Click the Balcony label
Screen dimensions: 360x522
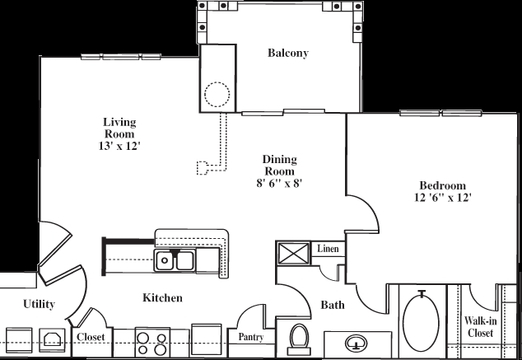(x=287, y=54)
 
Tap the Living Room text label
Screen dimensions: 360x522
(x=119, y=129)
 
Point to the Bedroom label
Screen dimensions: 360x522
(x=443, y=185)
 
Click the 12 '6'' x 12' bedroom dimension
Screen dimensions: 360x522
(x=443, y=198)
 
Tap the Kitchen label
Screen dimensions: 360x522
(x=161, y=297)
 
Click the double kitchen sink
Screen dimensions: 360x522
(x=175, y=262)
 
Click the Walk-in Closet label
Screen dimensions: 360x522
(x=479, y=326)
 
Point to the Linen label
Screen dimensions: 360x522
(x=328, y=249)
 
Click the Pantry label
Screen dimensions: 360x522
(x=250, y=337)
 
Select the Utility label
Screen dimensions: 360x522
(x=39, y=305)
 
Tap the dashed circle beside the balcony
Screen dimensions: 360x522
(x=217, y=95)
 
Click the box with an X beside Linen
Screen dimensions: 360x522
(x=292, y=251)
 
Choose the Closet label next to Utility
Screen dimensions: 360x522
(x=90, y=337)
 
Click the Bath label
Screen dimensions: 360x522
(x=333, y=306)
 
